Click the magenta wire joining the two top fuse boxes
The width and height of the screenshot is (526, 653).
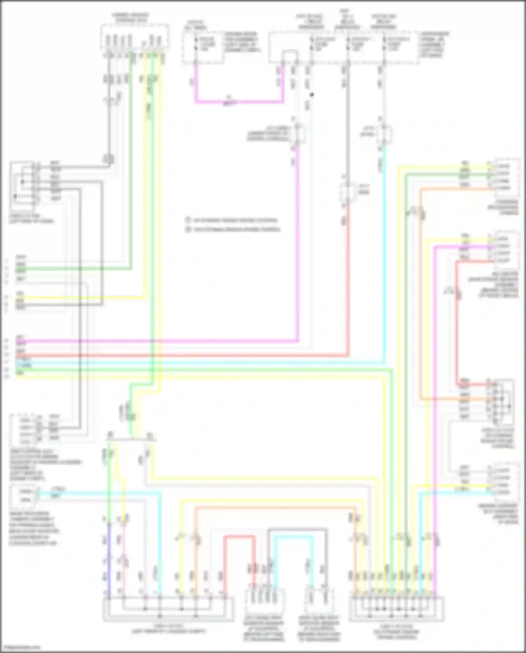click(x=238, y=102)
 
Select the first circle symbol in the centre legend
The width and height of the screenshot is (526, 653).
click(x=188, y=220)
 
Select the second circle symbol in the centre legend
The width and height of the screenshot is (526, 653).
click(x=188, y=230)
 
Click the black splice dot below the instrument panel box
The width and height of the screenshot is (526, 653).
click(x=312, y=94)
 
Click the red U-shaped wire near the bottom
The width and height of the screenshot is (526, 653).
click(x=240, y=537)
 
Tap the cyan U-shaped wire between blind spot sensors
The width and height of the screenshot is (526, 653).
click(x=293, y=537)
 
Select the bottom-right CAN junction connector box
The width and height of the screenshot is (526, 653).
click(x=396, y=609)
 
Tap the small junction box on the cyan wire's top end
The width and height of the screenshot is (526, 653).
click(x=384, y=134)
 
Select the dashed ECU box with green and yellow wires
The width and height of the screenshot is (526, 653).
click(x=134, y=37)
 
